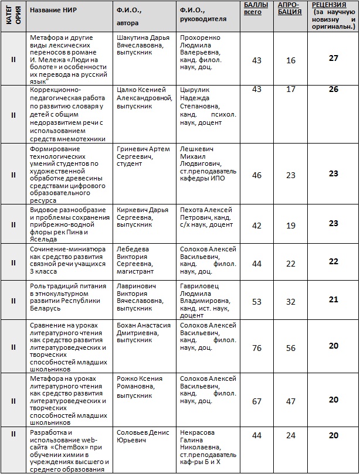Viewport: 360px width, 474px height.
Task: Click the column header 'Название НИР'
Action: [52, 11]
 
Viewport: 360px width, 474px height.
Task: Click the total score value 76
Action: [257, 346]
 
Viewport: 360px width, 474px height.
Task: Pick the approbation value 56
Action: [291, 346]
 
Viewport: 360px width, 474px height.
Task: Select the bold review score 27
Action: [334, 58]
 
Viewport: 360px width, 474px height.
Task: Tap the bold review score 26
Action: [334, 90]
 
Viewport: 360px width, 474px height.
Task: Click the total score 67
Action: [257, 401]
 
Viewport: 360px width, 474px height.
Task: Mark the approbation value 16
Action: [291, 60]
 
